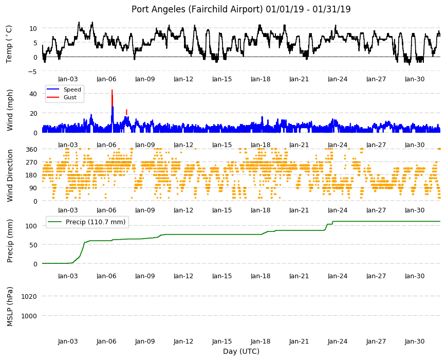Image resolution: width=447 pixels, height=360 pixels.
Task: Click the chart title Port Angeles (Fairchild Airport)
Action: point(197,9)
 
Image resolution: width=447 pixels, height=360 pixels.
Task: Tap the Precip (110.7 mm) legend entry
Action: point(87,222)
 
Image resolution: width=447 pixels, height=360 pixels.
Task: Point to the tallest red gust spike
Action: point(112,98)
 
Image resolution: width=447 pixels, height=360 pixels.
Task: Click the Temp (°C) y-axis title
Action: point(9,44)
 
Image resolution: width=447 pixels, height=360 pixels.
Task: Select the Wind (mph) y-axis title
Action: point(10,110)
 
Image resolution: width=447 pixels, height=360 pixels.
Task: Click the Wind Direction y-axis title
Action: point(10,175)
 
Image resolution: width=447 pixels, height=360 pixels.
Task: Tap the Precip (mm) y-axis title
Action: point(10,241)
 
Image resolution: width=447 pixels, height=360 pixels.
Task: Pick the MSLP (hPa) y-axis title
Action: point(10,307)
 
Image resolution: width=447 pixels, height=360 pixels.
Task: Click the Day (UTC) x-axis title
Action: point(241,351)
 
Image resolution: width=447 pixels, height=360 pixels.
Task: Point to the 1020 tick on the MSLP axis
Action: point(29,296)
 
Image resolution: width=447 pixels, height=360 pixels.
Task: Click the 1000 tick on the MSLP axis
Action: point(29,316)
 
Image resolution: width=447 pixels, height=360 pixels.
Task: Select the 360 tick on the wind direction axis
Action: point(31,149)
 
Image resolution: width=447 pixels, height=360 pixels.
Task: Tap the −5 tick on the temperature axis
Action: point(32,71)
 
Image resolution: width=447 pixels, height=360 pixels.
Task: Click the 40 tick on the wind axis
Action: point(33,94)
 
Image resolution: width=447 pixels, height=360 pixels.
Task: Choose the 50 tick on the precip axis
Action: point(33,245)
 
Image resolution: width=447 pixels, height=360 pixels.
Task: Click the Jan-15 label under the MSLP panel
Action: point(222,341)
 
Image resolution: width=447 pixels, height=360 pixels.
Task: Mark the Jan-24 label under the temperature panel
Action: point(338,79)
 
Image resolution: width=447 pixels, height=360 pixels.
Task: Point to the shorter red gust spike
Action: point(126,112)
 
